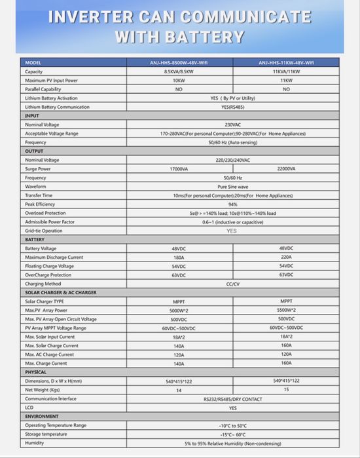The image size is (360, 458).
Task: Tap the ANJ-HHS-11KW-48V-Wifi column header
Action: pyautogui.click(x=286, y=63)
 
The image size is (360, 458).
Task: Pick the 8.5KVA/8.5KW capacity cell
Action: pyautogui.click(x=178, y=71)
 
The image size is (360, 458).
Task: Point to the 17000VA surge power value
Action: pyautogui.click(x=178, y=168)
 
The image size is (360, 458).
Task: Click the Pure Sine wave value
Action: pyautogui.click(x=232, y=186)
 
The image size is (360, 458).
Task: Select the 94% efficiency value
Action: pyautogui.click(x=232, y=204)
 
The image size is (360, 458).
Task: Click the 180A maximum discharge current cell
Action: pyautogui.click(x=178, y=258)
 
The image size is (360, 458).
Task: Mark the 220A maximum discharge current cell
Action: pyautogui.click(x=286, y=258)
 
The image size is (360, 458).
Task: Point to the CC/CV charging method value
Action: pyautogui.click(x=232, y=284)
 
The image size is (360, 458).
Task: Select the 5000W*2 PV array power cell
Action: pyautogui.click(x=178, y=310)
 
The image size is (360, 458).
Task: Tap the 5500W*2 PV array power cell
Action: pyautogui.click(x=286, y=310)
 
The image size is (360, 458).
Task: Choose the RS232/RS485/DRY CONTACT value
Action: pyautogui.click(x=232, y=398)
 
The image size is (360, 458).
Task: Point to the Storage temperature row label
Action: pyautogui.click(x=46, y=434)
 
